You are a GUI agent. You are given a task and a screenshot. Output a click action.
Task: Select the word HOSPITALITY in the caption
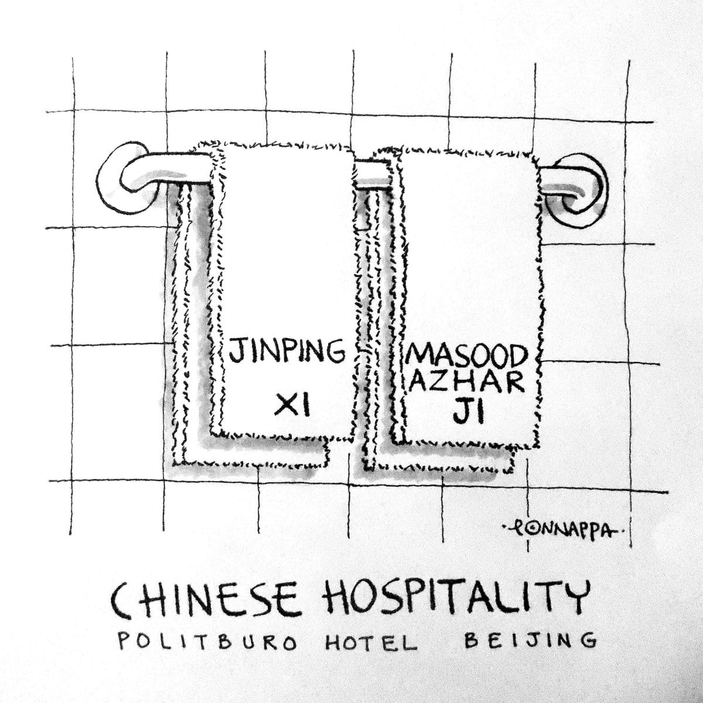point(455,599)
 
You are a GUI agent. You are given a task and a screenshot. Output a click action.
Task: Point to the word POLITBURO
point(207,641)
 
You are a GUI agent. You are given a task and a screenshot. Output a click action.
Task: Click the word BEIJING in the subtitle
point(531,640)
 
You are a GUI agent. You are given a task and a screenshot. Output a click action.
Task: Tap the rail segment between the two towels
point(374,178)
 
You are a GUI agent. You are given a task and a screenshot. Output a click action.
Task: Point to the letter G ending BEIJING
point(588,640)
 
